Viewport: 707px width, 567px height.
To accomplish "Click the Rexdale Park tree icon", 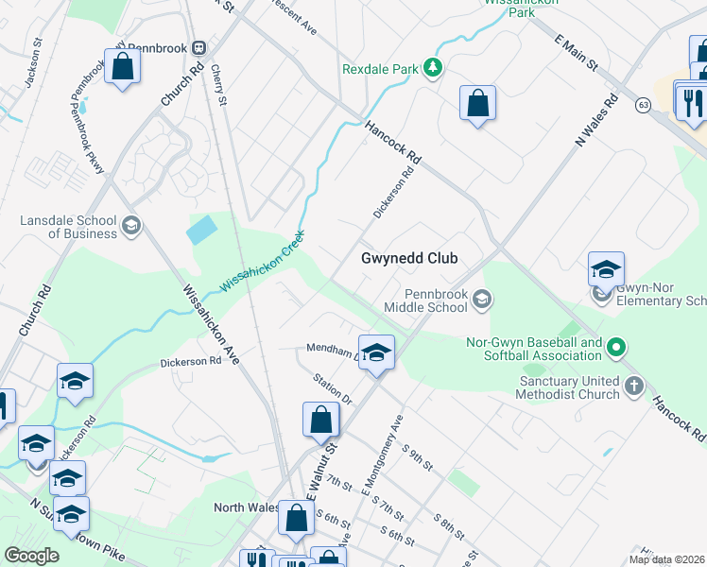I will click(432, 68).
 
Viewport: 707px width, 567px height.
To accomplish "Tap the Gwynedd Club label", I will click(409, 258).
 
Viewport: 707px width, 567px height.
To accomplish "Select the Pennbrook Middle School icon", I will click(482, 300).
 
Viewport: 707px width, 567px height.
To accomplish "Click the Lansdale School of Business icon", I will click(131, 225).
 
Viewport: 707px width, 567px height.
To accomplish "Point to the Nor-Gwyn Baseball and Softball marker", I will click(616, 348).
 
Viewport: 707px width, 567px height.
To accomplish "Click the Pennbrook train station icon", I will click(199, 47).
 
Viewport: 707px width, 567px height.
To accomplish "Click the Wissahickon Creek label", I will click(263, 262).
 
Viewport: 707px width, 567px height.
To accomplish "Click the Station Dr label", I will click(333, 388).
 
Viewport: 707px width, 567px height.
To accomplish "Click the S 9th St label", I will click(417, 457).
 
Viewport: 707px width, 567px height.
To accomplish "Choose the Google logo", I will click(31, 556).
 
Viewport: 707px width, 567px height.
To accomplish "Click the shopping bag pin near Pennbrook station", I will click(122, 68).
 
